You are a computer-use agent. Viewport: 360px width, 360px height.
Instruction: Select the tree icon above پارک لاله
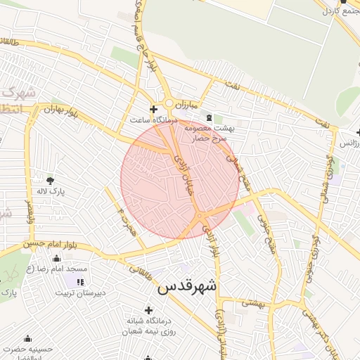tap(49, 180)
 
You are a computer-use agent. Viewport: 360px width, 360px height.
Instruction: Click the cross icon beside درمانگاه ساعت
tap(153, 109)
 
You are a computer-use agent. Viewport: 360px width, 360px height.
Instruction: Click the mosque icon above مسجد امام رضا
tap(56, 258)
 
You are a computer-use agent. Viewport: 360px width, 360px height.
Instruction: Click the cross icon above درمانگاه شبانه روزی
tap(148, 310)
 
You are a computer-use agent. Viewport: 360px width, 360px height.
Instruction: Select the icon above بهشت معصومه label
tap(209, 116)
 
